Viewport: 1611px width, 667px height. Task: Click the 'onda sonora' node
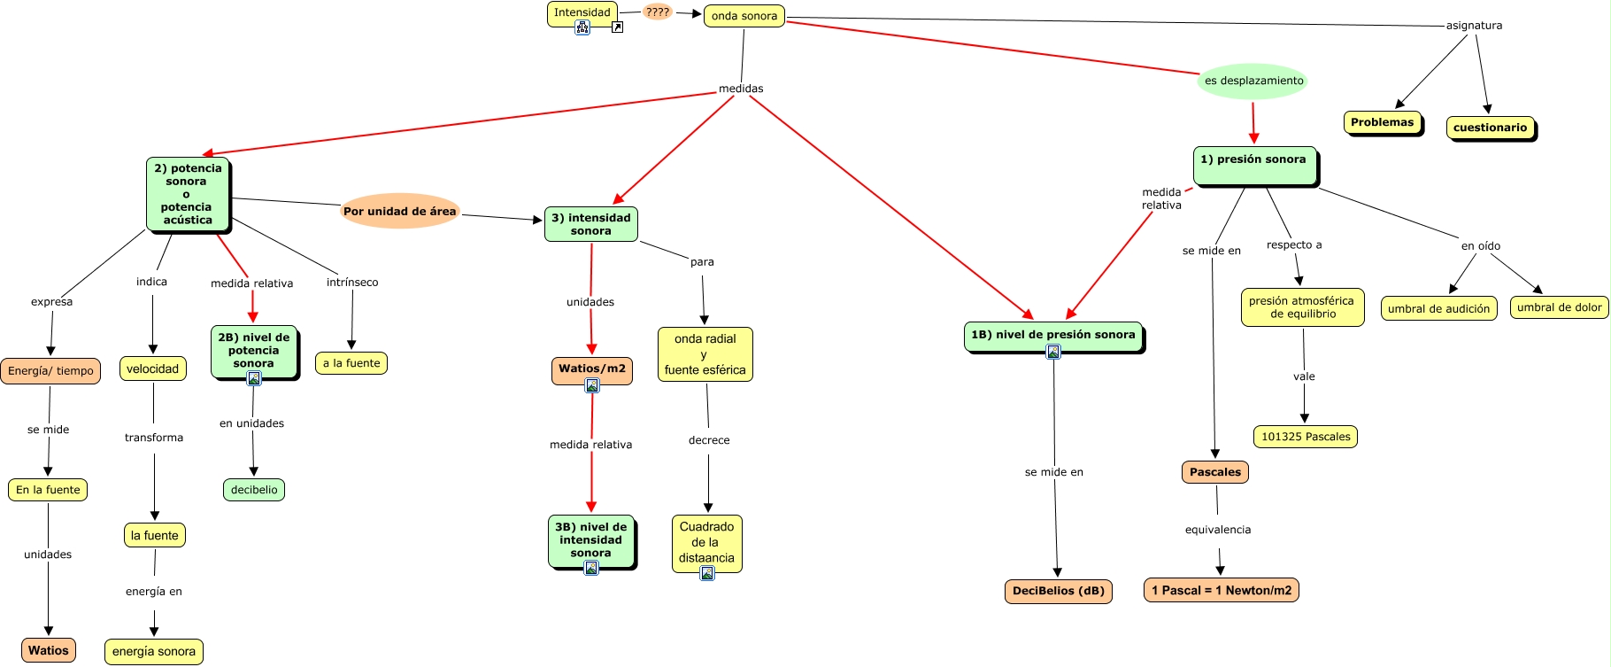(744, 16)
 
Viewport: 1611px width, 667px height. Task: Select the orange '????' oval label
(657, 12)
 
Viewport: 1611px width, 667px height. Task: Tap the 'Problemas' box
(1382, 122)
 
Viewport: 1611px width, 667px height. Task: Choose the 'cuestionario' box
(1490, 128)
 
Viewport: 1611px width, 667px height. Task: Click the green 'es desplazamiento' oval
(1253, 81)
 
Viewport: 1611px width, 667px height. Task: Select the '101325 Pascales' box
(1306, 437)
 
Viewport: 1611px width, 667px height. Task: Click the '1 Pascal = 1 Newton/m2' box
(1221, 590)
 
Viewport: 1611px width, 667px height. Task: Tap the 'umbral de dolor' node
(1559, 307)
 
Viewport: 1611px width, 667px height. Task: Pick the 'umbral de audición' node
(1438, 308)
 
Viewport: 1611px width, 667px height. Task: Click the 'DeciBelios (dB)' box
(1058, 591)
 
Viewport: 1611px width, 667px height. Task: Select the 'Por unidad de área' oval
(399, 211)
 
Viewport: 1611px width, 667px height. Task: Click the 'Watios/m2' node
(591, 368)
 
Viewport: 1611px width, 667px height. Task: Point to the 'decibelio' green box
(254, 490)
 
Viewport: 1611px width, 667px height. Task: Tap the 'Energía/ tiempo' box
(50, 370)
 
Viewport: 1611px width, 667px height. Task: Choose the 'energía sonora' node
(153, 651)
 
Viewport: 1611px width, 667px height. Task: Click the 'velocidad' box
(152, 368)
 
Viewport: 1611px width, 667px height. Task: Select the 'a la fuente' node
(351, 362)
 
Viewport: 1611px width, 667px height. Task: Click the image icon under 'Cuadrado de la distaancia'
(706, 573)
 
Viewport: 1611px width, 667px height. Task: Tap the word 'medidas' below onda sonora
(740, 89)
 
